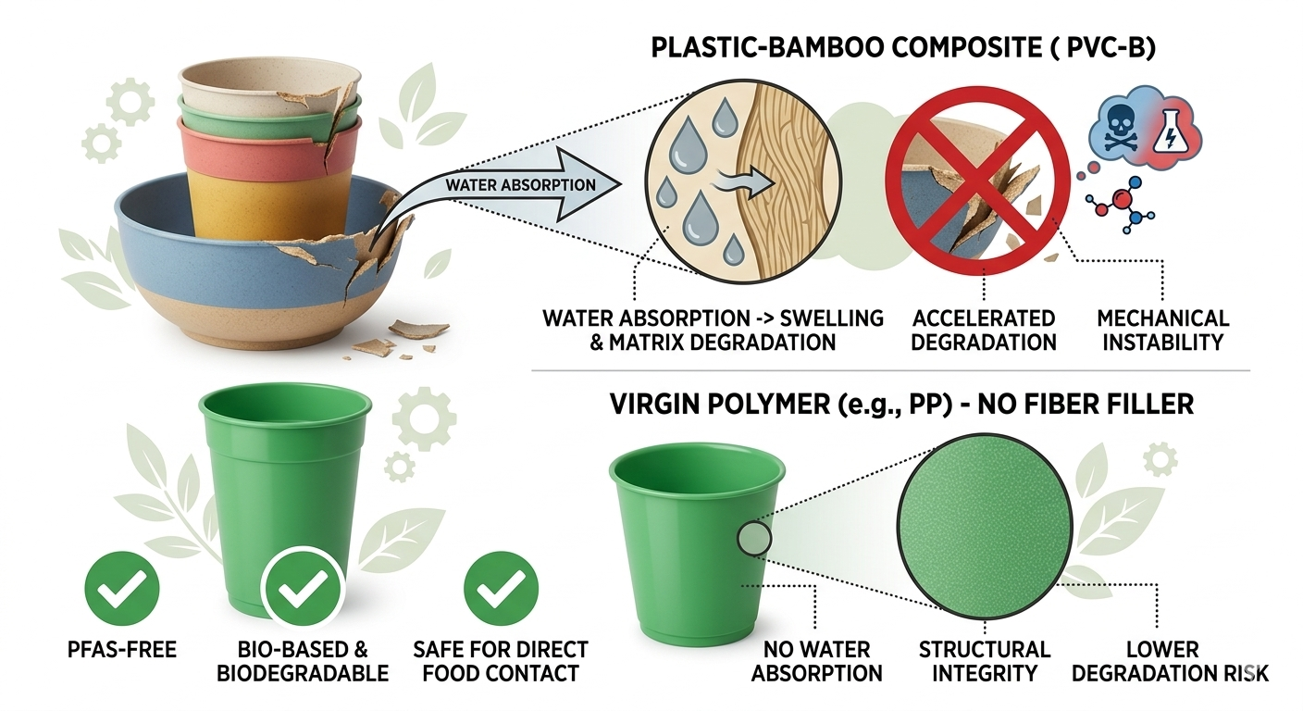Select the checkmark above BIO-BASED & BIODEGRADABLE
303,589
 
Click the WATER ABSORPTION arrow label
520,184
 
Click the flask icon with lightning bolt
1167,129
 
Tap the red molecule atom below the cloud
1123,200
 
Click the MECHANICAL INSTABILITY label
1162,330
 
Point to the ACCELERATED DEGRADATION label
984,330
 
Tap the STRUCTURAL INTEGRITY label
985,661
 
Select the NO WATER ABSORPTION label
816,661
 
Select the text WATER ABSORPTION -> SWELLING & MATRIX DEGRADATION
713,330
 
